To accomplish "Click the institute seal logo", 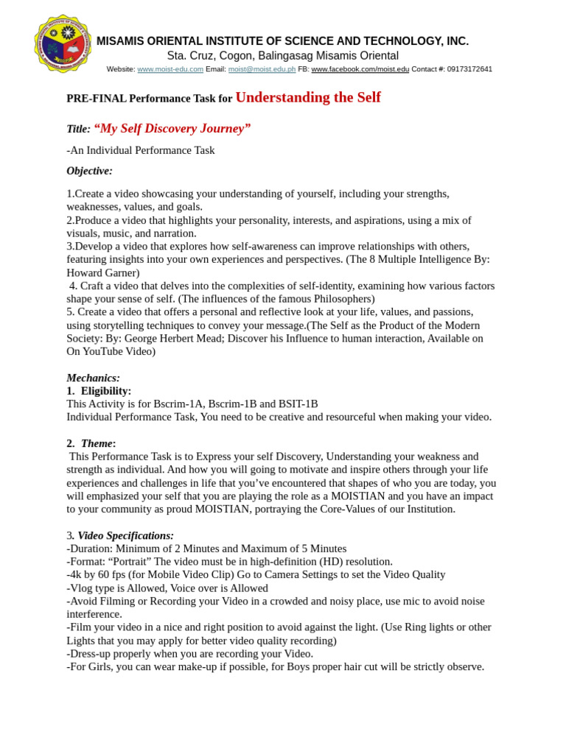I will click(62, 43).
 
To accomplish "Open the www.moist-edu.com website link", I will click(170, 69).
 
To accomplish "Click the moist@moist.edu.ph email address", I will click(262, 69).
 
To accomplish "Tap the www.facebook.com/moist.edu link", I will click(360, 69).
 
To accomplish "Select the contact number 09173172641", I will click(469, 69).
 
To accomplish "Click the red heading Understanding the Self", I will click(307, 97).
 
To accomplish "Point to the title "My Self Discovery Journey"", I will click(172, 129).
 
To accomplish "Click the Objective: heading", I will click(89, 171).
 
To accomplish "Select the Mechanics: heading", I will click(93, 378).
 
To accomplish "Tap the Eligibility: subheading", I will click(105, 391).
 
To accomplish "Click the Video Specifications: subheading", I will click(125, 535).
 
